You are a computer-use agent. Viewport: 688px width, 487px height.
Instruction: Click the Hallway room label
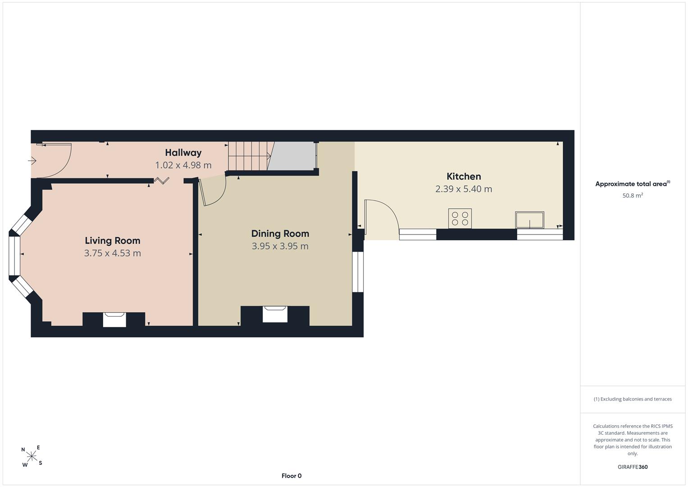click(x=183, y=152)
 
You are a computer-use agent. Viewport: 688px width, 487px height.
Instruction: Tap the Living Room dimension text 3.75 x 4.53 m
click(x=113, y=253)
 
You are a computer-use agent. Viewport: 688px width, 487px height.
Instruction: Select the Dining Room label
click(x=280, y=234)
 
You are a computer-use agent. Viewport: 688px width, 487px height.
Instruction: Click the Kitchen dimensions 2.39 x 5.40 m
click(x=464, y=189)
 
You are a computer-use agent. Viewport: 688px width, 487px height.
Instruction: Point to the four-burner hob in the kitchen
click(x=460, y=219)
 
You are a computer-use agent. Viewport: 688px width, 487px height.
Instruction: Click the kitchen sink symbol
click(x=529, y=220)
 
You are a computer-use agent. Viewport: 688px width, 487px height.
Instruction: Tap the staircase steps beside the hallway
click(x=251, y=156)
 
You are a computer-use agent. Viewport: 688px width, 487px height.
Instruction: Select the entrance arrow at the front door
click(x=32, y=161)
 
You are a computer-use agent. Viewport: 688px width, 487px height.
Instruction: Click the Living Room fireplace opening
click(x=114, y=320)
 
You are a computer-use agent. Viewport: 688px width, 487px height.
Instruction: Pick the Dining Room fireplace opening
click(x=275, y=314)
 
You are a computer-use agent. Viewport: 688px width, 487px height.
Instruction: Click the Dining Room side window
click(x=358, y=272)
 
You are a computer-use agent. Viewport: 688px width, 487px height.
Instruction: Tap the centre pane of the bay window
click(x=14, y=256)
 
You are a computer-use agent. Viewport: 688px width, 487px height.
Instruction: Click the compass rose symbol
click(x=32, y=456)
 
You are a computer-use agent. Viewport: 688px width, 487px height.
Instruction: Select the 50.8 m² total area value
click(x=633, y=196)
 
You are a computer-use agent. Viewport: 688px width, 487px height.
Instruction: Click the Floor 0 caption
click(x=292, y=476)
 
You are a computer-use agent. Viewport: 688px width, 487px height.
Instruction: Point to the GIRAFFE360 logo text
click(x=633, y=467)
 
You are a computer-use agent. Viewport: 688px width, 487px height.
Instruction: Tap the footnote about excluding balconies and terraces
click(x=633, y=399)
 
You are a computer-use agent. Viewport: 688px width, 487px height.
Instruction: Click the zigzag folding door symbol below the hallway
click(x=162, y=180)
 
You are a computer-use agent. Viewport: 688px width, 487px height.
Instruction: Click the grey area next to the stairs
click(x=292, y=156)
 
